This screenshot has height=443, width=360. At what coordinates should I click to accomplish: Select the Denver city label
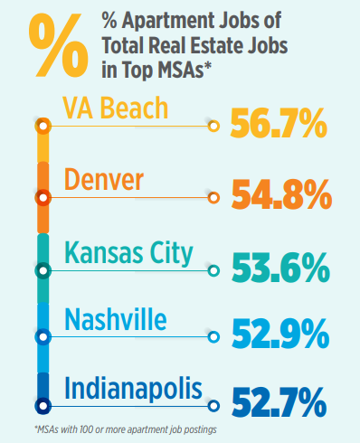point(104,180)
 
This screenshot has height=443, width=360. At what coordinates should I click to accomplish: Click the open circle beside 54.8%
point(214,196)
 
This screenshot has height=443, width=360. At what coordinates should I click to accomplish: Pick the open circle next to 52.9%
point(214,337)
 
